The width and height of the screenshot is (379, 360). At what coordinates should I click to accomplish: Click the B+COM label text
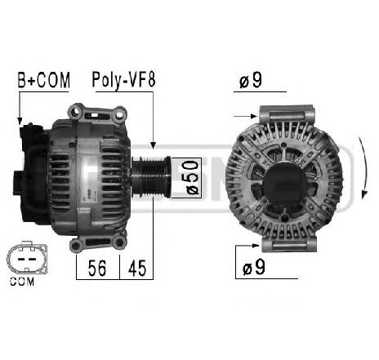[43, 80]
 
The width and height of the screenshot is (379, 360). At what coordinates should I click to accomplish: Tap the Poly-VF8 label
[123, 80]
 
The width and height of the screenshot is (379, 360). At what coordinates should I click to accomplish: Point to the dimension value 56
[97, 267]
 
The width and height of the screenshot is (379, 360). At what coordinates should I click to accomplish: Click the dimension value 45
[136, 267]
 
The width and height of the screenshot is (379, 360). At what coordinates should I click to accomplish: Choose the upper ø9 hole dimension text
[252, 82]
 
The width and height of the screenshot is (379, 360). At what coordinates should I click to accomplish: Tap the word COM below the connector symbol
[26, 283]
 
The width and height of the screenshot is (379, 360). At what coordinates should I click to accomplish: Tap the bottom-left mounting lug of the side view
[80, 242]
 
